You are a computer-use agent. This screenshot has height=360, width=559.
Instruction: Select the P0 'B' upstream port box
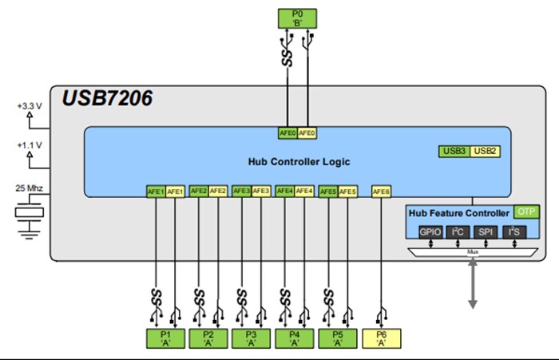[x=297, y=18]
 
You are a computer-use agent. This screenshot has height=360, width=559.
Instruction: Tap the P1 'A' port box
[x=165, y=338]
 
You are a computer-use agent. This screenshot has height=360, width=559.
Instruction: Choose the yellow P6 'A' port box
[x=381, y=338]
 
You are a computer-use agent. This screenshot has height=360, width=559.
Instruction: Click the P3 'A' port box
[x=252, y=338]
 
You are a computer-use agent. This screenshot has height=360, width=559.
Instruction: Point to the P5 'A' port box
[x=338, y=338]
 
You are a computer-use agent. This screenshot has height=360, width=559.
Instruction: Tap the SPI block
[x=486, y=231]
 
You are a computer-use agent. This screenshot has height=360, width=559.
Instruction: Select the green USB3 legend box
[x=454, y=151]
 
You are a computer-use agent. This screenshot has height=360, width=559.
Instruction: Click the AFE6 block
[x=381, y=192]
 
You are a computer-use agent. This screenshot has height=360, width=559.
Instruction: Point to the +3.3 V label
[x=30, y=106]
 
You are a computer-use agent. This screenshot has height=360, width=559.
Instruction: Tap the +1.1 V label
[x=30, y=147]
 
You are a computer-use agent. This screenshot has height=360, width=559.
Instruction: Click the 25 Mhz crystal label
[x=30, y=188]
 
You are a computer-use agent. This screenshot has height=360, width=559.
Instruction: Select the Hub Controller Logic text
[x=298, y=161]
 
